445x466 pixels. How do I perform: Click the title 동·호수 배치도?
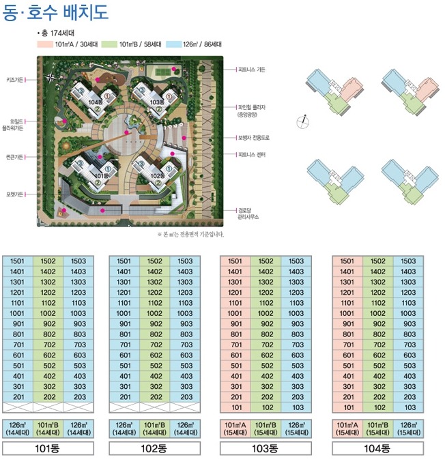(x=55, y=12)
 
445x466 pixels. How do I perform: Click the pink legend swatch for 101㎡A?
(x=45, y=44)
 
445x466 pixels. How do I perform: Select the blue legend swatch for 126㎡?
(x=173, y=44)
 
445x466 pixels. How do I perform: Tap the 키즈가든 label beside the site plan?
(x=14, y=80)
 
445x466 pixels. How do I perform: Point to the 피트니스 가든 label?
(x=251, y=70)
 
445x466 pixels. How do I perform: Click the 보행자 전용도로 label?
(x=254, y=138)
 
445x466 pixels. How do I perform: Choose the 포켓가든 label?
(x=14, y=194)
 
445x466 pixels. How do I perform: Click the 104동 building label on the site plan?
(x=96, y=102)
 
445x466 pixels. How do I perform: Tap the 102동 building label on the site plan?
(x=158, y=176)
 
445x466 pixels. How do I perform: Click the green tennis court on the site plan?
(x=162, y=71)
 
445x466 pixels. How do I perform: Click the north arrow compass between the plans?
(x=303, y=121)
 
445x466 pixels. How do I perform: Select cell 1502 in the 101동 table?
(x=48, y=261)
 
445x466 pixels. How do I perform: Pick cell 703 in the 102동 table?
(x=186, y=345)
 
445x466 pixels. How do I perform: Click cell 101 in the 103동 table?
(x=235, y=407)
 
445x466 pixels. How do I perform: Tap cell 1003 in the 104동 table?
(x=408, y=314)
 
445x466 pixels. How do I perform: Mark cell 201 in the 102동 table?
(x=124, y=397)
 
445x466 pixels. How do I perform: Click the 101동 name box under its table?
(x=48, y=448)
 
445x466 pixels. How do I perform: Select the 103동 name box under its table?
(x=265, y=448)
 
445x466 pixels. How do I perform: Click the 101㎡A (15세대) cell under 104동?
(x=347, y=429)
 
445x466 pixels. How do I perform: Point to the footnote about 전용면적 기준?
(x=190, y=235)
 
